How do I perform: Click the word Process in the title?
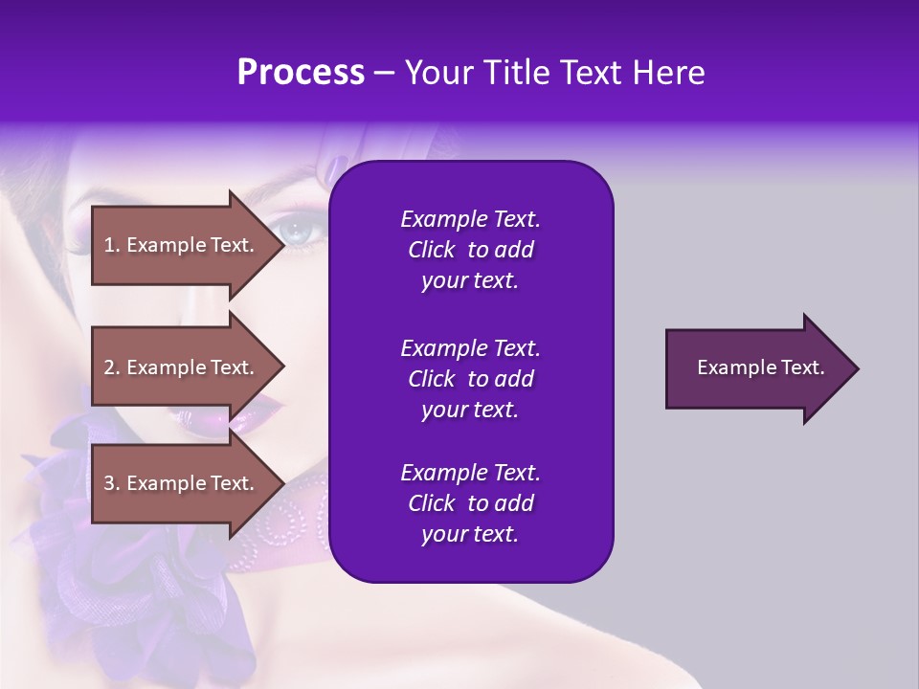(301, 73)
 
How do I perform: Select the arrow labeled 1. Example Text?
(182, 245)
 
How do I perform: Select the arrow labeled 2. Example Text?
(182, 367)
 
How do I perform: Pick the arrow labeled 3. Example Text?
(182, 484)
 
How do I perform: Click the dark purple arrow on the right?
(756, 368)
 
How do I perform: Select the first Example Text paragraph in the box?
(470, 250)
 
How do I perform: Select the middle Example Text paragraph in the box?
(470, 379)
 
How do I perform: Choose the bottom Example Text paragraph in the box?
(470, 503)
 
